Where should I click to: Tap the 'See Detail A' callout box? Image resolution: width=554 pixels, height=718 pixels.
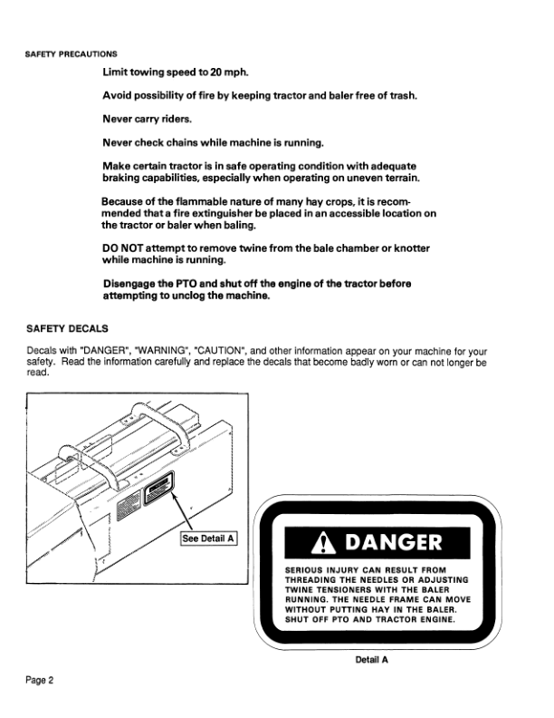pos(208,538)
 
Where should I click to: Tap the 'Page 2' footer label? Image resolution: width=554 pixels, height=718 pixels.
pos(40,679)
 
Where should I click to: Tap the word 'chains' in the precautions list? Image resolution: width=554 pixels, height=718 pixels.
pos(188,142)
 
